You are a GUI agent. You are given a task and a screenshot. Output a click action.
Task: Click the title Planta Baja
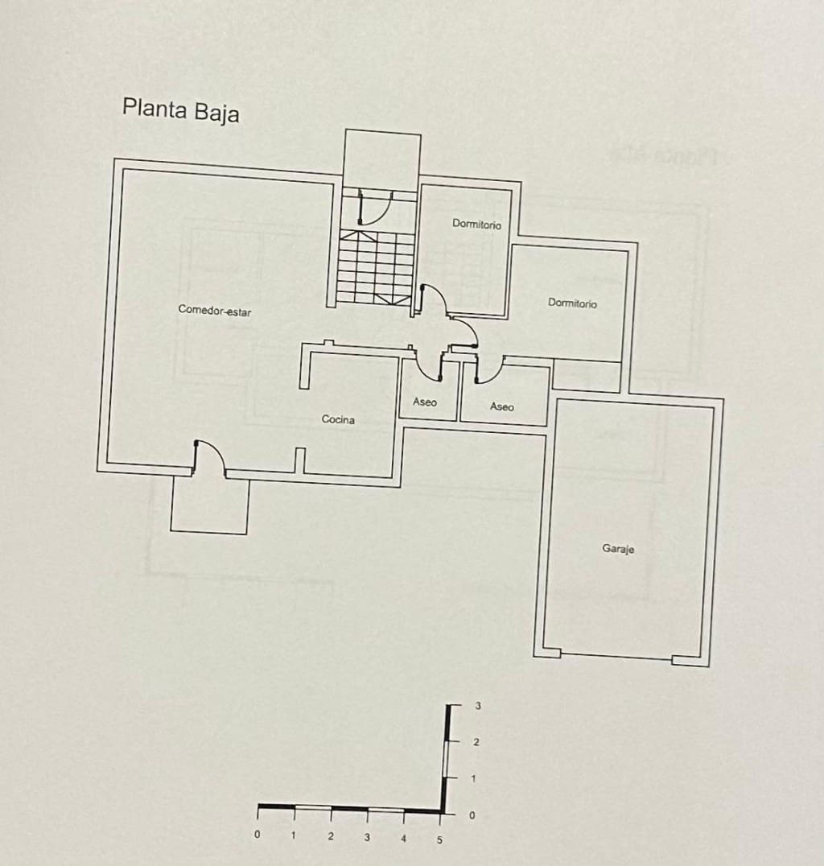click(180, 109)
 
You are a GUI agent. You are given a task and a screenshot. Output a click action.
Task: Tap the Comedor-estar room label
click(214, 311)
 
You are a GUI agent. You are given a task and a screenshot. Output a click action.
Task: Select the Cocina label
click(338, 419)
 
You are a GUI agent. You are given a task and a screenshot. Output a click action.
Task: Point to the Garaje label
click(618, 549)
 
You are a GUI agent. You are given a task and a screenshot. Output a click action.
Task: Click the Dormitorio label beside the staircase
click(476, 225)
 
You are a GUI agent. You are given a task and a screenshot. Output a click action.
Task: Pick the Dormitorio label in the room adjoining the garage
click(572, 303)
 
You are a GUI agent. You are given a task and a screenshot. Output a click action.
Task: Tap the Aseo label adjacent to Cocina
click(424, 402)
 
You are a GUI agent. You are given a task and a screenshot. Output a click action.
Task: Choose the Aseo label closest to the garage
click(501, 406)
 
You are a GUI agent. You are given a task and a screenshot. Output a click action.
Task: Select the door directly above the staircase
click(373, 208)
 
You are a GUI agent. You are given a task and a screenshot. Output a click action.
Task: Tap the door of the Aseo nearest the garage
click(489, 369)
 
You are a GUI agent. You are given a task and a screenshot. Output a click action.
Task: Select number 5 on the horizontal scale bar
click(439, 839)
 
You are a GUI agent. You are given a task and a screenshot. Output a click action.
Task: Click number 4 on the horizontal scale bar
click(403, 839)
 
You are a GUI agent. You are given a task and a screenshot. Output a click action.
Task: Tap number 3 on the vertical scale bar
click(478, 706)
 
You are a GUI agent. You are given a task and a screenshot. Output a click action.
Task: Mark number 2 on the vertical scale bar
click(476, 742)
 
